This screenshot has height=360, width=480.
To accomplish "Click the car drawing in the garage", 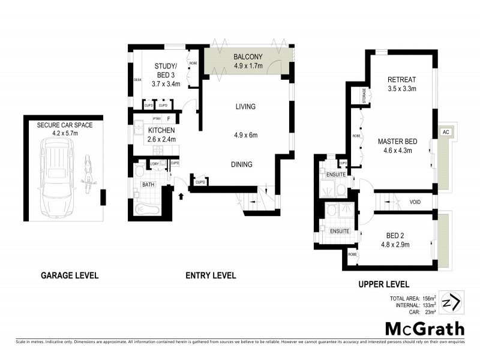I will (57, 178).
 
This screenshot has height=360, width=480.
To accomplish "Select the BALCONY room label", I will (248, 57).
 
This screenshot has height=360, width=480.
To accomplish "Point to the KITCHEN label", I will (161, 130).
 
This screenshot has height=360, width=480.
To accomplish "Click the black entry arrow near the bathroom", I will (181, 196).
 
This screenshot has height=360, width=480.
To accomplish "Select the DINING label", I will (242, 164).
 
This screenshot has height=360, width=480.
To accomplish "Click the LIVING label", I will (245, 107).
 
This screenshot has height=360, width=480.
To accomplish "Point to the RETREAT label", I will (401, 80).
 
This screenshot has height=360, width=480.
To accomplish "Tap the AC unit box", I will (446, 131).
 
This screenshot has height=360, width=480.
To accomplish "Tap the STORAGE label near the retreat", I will (364, 95).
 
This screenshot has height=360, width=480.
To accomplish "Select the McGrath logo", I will (424, 328).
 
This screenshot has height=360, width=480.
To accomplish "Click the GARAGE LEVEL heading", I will (70, 276).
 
